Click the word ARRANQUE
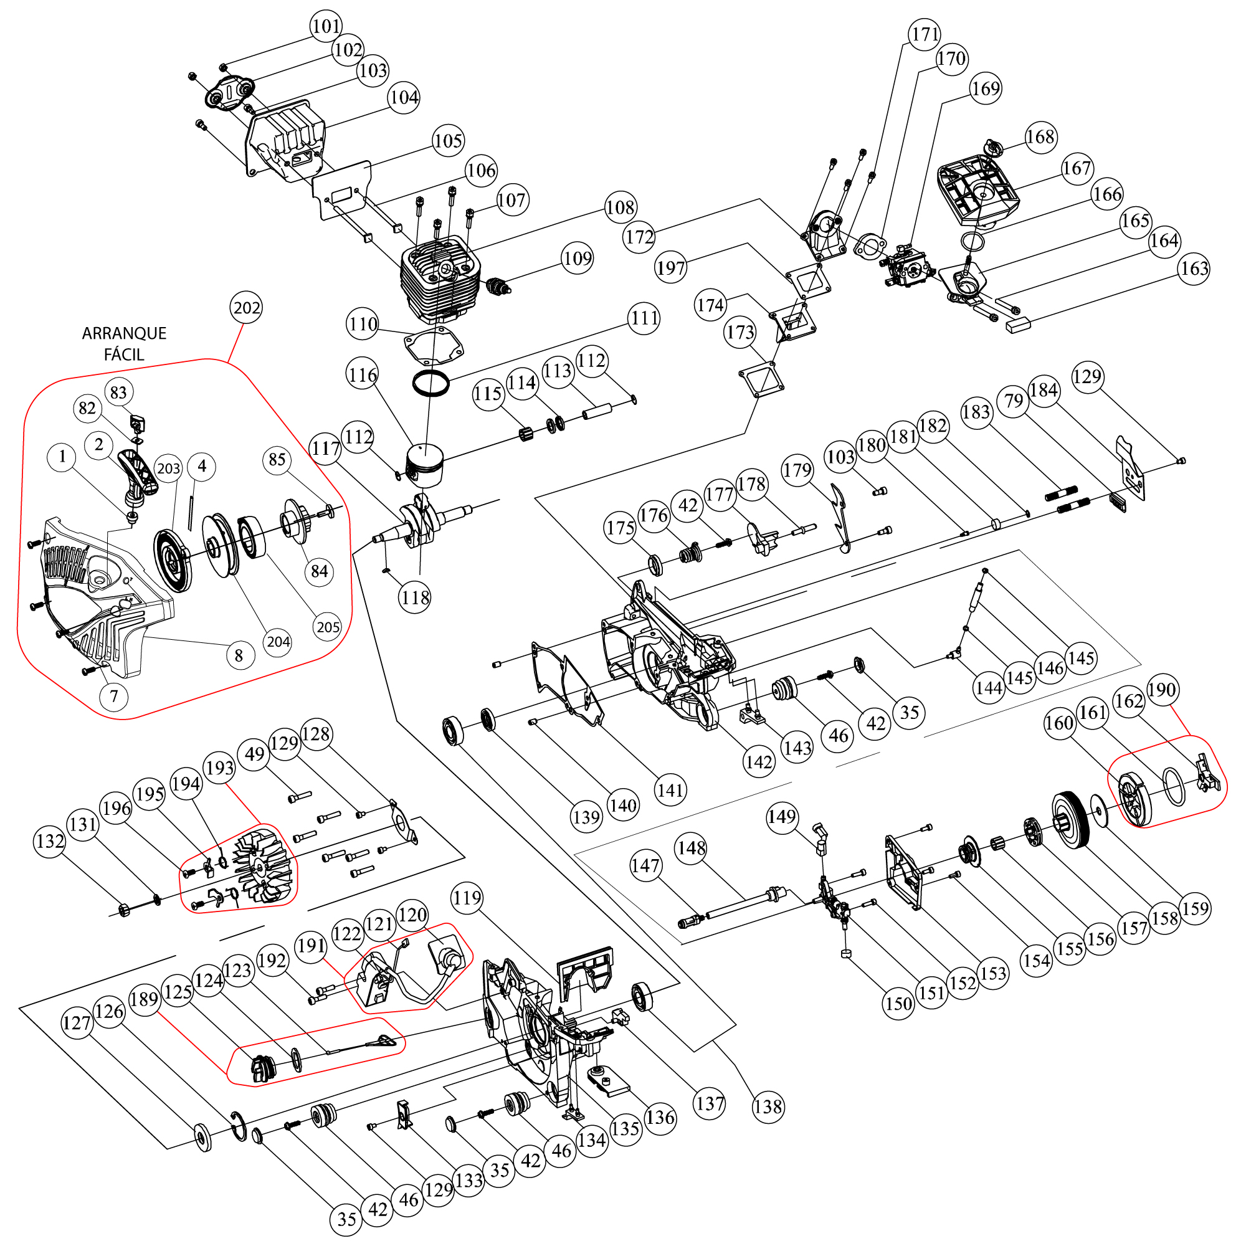[124, 333]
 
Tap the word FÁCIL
[124, 354]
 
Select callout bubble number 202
[246, 308]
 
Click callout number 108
[621, 207]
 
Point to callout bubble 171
[925, 34]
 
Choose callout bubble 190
[1161, 690]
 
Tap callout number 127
[77, 1023]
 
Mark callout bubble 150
[899, 1004]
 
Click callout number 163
[1194, 269]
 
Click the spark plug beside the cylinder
[498, 285]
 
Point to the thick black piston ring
[431, 384]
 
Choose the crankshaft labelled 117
[422, 524]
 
